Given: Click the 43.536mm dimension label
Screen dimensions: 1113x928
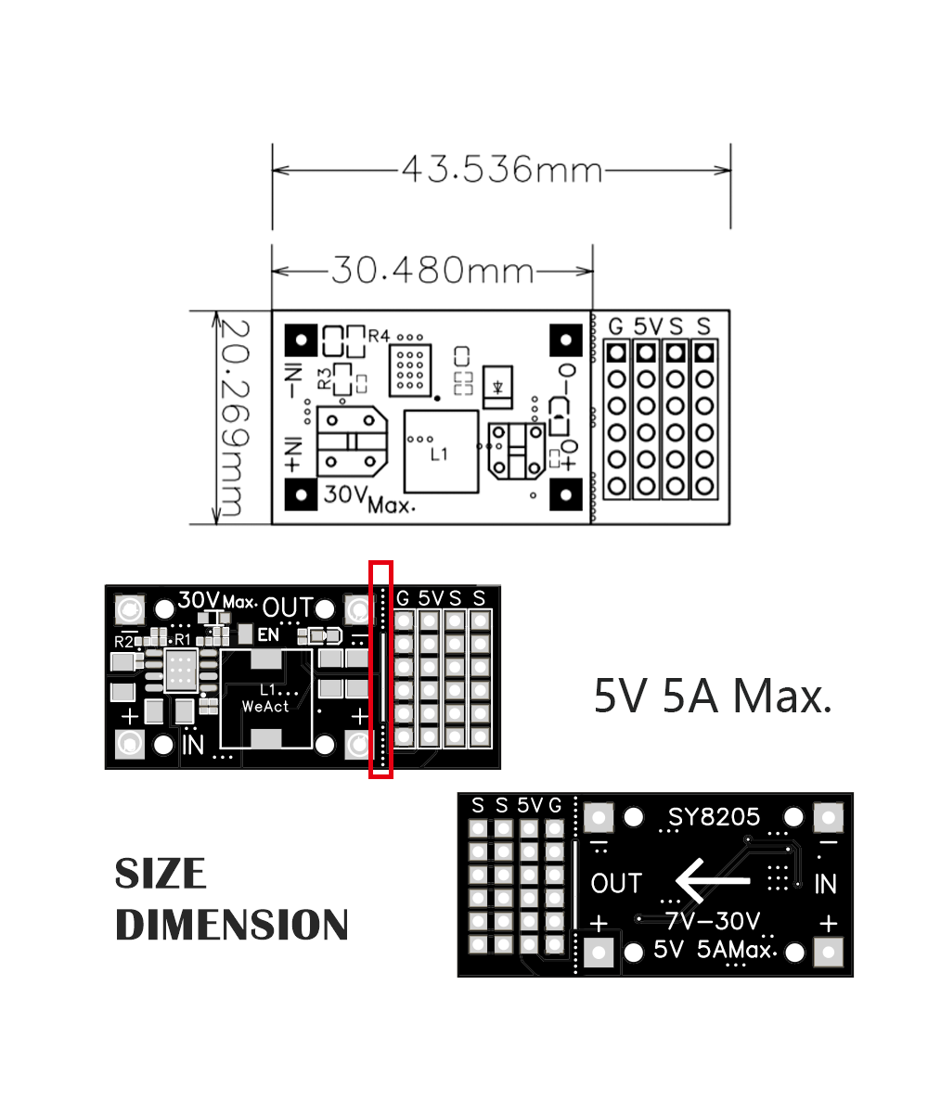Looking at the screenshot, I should [501, 170].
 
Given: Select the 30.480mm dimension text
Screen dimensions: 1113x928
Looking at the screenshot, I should [432, 270].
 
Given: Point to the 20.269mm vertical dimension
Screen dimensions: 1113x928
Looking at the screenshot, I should [234, 417].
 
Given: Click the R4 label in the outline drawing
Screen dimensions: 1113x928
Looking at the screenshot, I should [379, 335].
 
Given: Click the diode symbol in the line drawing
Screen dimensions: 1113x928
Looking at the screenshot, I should [499, 382].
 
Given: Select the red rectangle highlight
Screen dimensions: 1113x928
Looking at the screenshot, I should [380, 669].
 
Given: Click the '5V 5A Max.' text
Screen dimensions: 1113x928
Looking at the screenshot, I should [712, 696].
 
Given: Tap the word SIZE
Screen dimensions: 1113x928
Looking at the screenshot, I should [161, 874].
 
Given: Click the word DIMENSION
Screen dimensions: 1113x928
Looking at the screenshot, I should [232, 925].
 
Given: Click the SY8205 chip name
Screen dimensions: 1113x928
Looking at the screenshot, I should [714, 817].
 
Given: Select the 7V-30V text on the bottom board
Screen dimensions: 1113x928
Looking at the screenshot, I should [712, 921].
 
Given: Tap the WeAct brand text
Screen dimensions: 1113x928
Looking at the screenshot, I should [264, 707].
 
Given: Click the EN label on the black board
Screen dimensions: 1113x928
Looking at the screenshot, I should [267, 635].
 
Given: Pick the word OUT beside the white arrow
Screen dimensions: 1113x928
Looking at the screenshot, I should [616, 884].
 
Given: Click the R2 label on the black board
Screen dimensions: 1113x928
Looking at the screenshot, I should [123, 641].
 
